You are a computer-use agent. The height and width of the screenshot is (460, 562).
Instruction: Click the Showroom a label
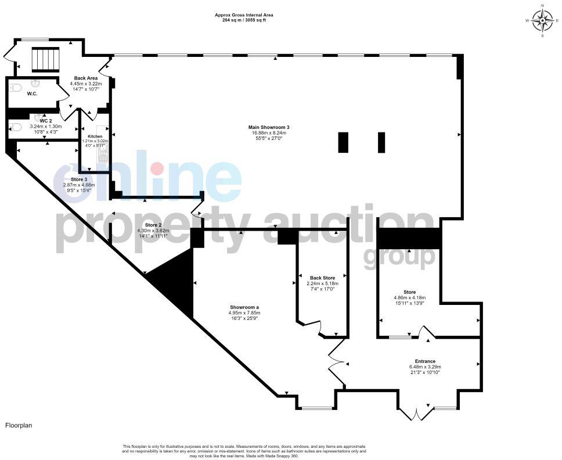tap(244, 307)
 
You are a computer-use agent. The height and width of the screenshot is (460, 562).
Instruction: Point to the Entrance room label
tap(425, 361)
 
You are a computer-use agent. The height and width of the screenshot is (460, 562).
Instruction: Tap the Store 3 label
tap(78, 179)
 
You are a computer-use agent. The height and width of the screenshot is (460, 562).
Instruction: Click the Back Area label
tap(85, 78)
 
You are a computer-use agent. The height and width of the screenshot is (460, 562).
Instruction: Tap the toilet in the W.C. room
tap(15, 88)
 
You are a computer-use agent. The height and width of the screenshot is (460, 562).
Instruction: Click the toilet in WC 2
tap(15, 127)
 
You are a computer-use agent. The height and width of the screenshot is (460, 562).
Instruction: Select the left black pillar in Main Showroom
tap(343, 142)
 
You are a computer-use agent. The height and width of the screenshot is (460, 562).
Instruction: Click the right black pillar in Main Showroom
tap(381, 142)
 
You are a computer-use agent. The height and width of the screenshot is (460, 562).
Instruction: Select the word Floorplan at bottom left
tap(19, 425)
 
